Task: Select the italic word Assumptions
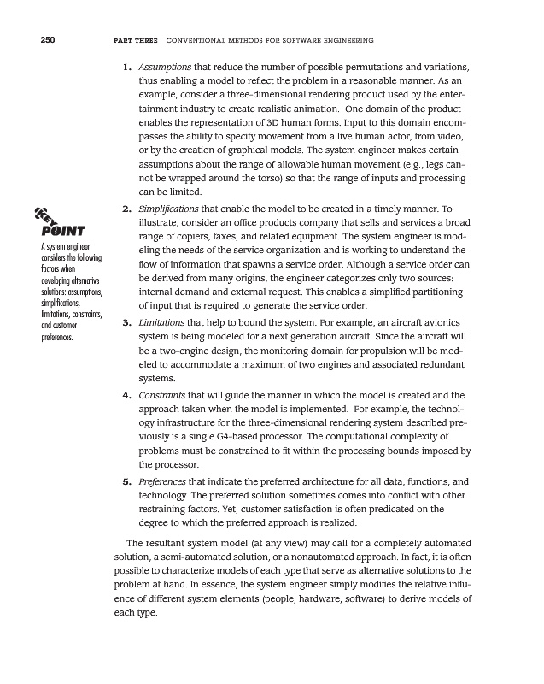tap(166, 67)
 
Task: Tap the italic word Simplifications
tap(173, 209)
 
